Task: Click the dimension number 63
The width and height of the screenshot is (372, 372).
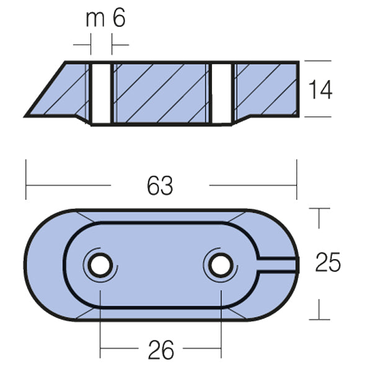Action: click(x=160, y=185)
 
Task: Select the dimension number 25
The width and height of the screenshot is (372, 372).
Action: click(x=327, y=263)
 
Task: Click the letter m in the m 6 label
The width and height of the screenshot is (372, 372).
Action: click(x=95, y=18)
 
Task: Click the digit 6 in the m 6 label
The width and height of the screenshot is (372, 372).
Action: click(x=119, y=18)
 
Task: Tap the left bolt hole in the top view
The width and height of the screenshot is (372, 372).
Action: click(x=99, y=265)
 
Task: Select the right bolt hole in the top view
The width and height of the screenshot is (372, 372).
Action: click(x=218, y=265)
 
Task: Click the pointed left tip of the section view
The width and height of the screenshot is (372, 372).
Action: click(x=29, y=115)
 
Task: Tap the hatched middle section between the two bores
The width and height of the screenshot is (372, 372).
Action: click(x=161, y=93)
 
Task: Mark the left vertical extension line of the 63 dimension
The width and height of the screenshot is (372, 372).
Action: click(x=26, y=180)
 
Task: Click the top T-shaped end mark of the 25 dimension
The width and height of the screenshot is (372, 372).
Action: click(x=319, y=211)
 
